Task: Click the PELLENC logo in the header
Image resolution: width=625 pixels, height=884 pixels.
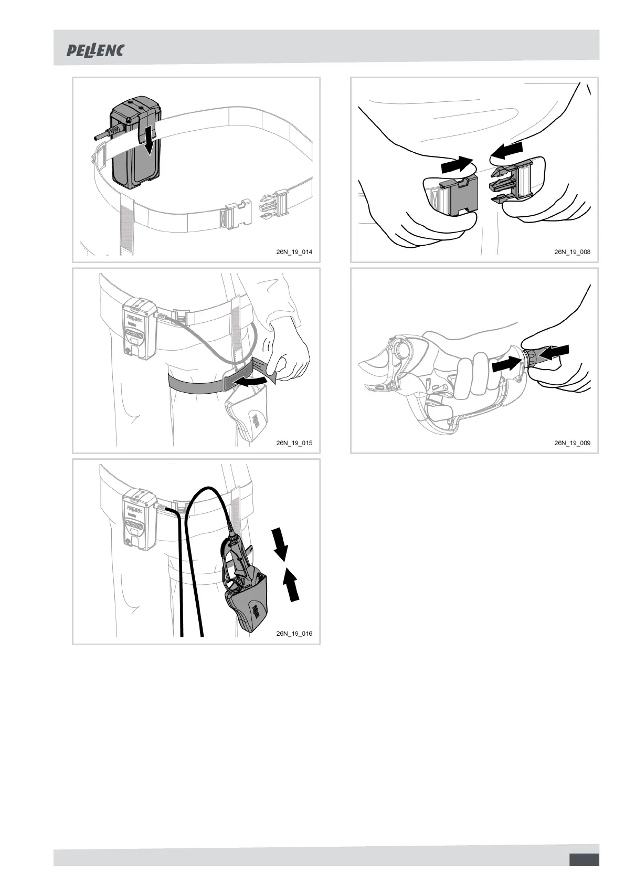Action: (x=95, y=50)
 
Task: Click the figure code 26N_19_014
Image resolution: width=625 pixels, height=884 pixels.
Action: (x=294, y=252)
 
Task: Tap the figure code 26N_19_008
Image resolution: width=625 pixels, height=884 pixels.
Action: (x=572, y=252)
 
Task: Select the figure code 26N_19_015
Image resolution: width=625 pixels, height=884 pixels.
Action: (x=294, y=443)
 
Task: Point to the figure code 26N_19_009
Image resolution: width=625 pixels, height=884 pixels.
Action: (x=572, y=443)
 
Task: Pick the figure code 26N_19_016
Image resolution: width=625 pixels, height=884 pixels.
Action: (x=294, y=634)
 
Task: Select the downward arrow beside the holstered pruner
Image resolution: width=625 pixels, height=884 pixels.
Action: (x=280, y=544)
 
